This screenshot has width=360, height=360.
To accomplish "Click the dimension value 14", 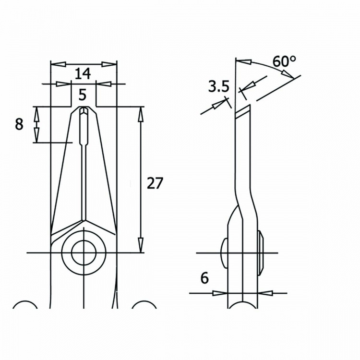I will (83, 73).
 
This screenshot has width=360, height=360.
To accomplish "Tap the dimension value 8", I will (19, 124).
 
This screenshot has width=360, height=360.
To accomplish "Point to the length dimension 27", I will (155, 183).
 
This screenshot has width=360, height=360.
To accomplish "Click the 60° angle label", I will (284, 61).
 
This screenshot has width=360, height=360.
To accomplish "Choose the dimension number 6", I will (204, 278).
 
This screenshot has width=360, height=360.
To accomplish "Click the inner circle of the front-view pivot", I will (84, 252).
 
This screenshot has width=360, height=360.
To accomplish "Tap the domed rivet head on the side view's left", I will (225, 252).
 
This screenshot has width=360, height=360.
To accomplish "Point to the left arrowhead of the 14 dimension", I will (55, 63).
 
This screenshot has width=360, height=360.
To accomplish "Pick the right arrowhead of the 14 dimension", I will (111, 63).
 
